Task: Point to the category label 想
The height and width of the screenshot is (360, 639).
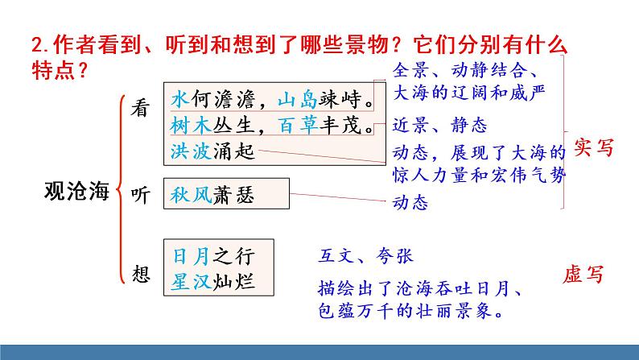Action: [140, 273]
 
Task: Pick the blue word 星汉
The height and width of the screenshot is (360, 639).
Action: [191, 282]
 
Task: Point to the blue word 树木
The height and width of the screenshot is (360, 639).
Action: [189, 125]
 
